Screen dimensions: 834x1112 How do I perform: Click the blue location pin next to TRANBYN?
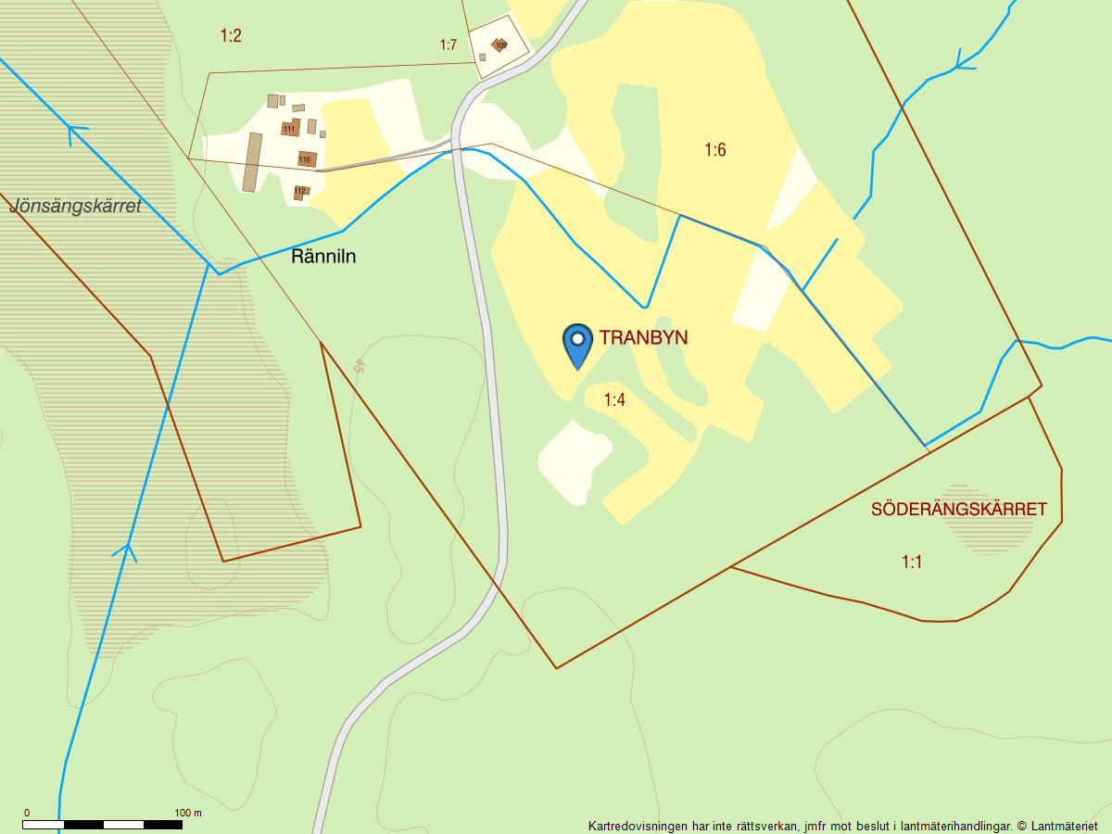577,343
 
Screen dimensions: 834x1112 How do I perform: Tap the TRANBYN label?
643,337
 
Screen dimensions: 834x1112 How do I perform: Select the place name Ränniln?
323,257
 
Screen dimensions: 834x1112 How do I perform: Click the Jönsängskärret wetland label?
76,206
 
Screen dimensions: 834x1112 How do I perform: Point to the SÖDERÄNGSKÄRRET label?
958,510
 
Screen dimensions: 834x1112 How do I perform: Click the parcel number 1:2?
231,36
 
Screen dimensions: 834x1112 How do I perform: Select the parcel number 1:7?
449,44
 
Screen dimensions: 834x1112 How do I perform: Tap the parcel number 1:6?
714,149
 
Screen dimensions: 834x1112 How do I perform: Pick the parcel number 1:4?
614,400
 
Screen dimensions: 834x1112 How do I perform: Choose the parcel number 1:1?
912,562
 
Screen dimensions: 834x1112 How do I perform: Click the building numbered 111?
290,128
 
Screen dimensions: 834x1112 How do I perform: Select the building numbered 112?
300,192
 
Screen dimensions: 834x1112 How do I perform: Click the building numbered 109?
499,44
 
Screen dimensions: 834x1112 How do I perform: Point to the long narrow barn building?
252,162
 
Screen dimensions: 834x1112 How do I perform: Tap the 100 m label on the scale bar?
188,813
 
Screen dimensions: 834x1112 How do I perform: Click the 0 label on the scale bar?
26,813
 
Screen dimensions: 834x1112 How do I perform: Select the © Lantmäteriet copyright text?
1056,825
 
